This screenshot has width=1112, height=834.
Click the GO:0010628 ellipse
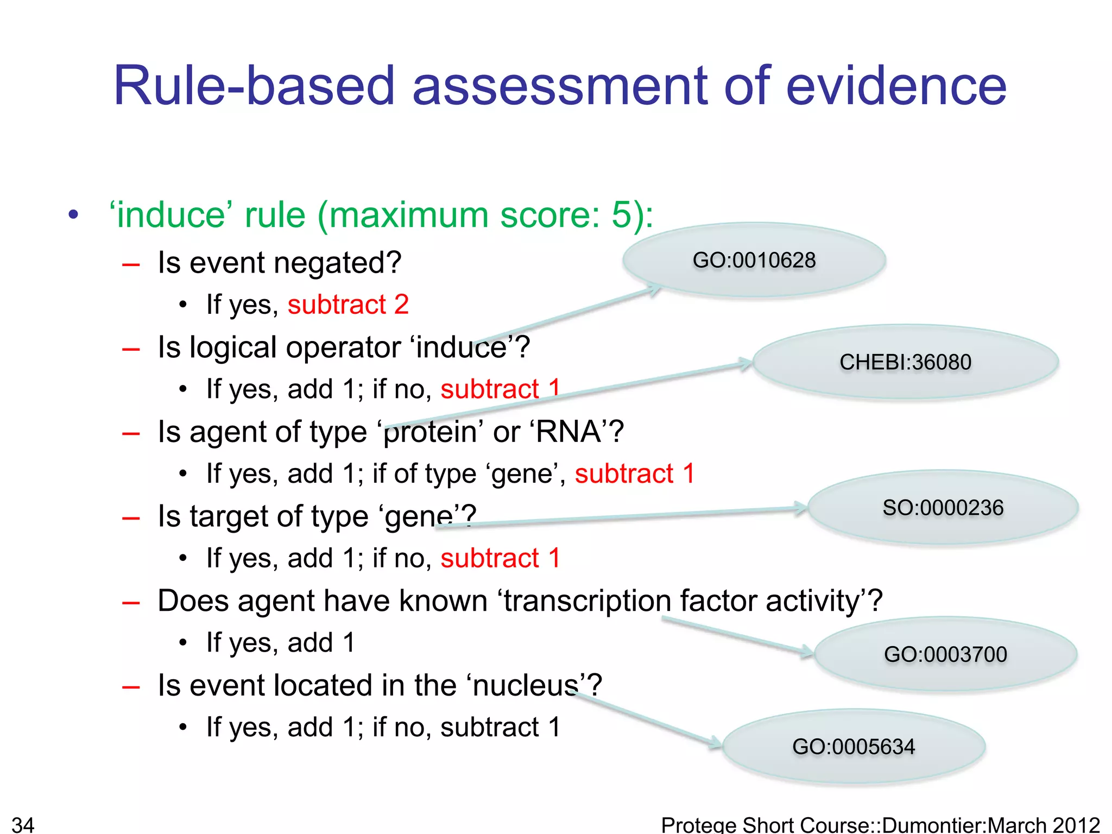754,260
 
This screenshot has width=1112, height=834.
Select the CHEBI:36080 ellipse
905,362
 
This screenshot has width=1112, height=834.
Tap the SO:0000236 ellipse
943,508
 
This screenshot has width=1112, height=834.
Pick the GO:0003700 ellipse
945,654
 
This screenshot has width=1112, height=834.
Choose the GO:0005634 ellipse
853,747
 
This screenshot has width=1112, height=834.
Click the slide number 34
23,824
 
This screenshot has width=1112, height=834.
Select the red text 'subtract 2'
347,305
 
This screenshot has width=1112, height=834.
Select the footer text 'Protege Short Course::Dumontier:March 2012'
880,824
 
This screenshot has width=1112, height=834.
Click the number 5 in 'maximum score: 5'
622,215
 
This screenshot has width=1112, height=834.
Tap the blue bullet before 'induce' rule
74,215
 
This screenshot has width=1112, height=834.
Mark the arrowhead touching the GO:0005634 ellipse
716,742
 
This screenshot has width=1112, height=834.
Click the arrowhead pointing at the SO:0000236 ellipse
800,508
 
